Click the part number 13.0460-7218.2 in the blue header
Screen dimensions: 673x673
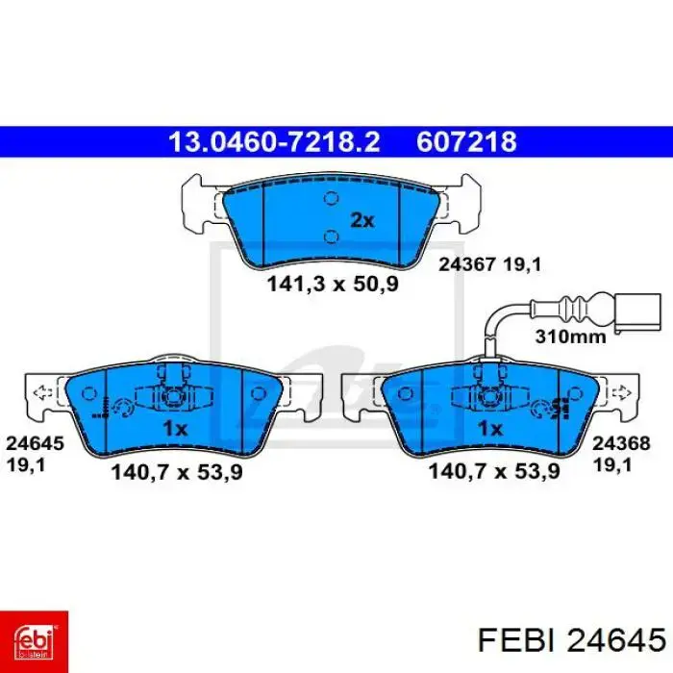coord(274,142)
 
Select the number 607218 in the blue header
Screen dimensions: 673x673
coord(466,142)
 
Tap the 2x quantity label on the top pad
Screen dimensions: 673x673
coord(361,220)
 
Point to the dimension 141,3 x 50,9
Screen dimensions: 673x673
coord(333,285)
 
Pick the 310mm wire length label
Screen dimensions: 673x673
coord(569,336)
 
